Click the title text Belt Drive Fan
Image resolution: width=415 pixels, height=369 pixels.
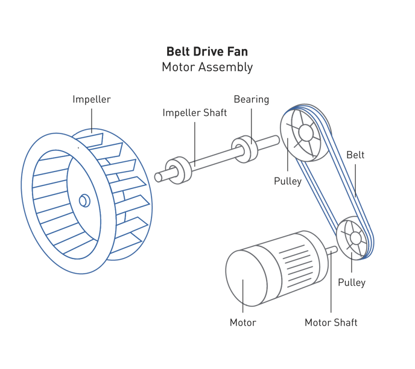[207, 52]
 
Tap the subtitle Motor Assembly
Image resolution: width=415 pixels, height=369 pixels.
[207, 66]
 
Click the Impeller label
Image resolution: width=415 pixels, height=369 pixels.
[91, 99]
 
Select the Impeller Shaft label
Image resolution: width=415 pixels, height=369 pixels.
[194, 113]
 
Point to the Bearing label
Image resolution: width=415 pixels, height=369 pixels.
[251, 99]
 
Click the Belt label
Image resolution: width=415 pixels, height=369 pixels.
[355, 155]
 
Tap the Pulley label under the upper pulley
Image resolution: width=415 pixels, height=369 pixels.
[287, 181]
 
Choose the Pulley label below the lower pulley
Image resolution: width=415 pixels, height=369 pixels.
[352, 282]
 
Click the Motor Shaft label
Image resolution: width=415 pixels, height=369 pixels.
[331, 322]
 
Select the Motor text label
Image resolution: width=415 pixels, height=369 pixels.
[242, 322]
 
